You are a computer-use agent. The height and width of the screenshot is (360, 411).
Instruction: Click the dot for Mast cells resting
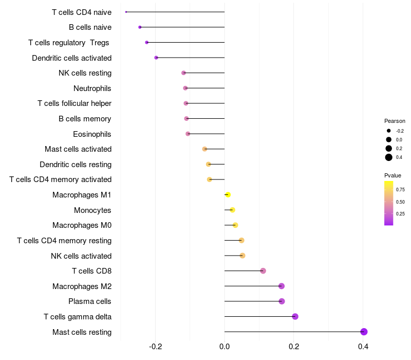click(364, 332)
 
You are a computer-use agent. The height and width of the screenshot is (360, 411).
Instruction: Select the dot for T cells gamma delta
click(295, 316)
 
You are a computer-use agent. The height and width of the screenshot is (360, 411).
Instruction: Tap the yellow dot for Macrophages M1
click(228, 194)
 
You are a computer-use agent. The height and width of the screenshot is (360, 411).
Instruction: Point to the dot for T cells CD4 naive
click(126, 12)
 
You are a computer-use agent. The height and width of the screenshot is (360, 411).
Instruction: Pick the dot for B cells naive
click(140, 27)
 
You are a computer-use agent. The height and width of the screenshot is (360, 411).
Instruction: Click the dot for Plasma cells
click(282, 301)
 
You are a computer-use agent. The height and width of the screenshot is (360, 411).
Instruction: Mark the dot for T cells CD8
click(263, 271)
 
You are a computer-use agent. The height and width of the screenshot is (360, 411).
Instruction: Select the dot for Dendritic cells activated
click(156, 58)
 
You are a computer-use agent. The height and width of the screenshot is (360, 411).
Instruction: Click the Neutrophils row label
click(92, 88)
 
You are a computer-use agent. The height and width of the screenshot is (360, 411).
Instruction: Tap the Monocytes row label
click(92, 210)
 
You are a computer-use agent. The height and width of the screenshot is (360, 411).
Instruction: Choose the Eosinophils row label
click(92, 134)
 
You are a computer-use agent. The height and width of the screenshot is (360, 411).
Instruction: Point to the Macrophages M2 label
click(82, 286)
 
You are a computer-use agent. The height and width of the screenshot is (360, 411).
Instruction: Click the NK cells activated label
click(81, 256)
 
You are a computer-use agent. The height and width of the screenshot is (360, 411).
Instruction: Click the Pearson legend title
click(395, 121)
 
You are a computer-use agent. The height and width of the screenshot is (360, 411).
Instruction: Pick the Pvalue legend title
click(393, 175)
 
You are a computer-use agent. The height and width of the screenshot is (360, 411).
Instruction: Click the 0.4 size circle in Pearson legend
click(389, 157)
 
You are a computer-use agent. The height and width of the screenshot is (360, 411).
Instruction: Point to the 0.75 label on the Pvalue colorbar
click(400, 190)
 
